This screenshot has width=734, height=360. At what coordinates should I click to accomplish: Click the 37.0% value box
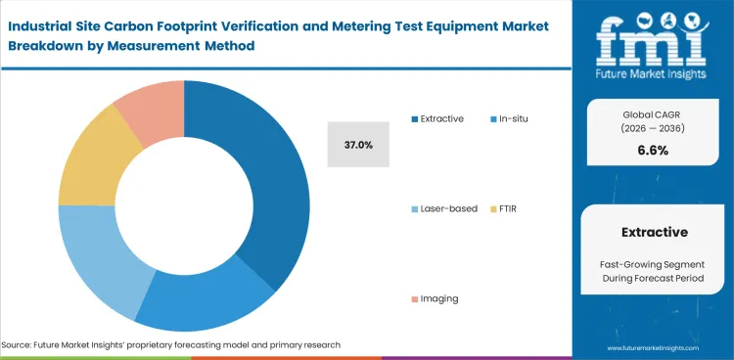tap(358, 145)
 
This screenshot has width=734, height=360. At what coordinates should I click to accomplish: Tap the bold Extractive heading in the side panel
tap(654, 232)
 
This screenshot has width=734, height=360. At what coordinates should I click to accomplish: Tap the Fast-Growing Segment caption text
tap(654, 264)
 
